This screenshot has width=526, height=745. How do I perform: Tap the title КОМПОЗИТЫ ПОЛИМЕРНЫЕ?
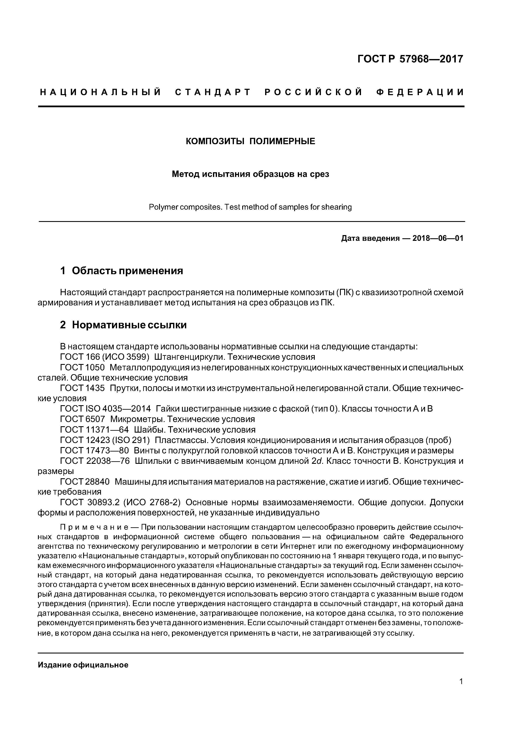(250, 141)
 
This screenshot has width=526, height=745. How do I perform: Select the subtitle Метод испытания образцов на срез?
(250, 174)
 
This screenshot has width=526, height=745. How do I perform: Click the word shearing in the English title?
(336, 207)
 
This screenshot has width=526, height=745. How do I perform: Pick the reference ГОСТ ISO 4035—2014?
(105, 409)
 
